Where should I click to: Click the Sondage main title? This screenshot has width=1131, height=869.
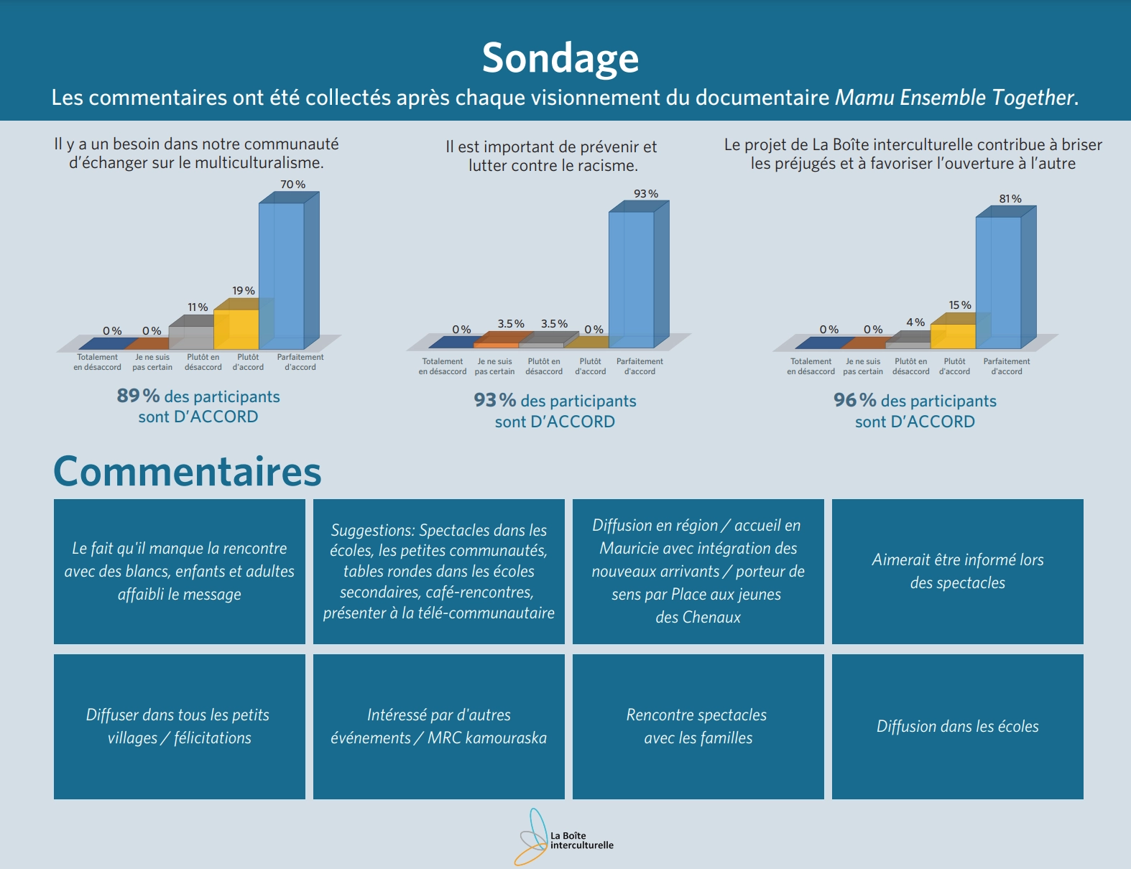click(x=560, y=57)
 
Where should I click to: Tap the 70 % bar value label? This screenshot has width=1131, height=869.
click(x=292, y=185)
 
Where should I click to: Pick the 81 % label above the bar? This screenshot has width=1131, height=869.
click(x=1010, y=199)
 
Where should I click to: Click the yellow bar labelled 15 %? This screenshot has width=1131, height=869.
click(x=953, y=335)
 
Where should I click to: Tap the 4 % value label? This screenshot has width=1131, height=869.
click(x=915, y=322)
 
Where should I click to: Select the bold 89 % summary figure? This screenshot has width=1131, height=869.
click(x=138, y=396)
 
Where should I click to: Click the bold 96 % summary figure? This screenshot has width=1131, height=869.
click(x=854, y=400)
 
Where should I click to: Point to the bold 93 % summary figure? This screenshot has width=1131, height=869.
click(x=494, y=400)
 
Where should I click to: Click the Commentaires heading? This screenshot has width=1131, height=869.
click(x=188, y=472)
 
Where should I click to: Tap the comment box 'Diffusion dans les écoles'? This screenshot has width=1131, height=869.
click(x=957, y=726)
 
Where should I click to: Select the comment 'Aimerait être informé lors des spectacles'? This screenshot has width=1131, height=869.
click(x=957, y=571)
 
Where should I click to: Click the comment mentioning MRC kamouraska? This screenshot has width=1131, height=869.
click(x=438, y=726)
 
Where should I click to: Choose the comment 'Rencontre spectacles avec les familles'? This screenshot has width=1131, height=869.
click(x=698, y=726)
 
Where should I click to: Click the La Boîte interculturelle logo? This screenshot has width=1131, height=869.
click(x=564, y=839)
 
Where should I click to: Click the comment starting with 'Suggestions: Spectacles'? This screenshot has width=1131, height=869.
click(x=438, y=571)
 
